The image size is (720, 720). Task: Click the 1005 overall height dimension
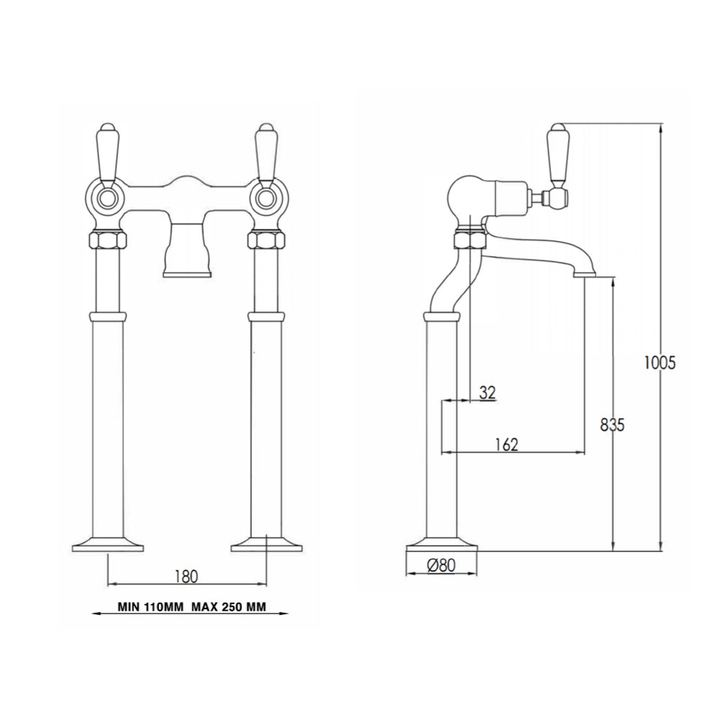click(x=660, y=364)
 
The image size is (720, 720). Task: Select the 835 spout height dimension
click(x=612, y=425)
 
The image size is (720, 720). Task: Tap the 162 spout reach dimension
click(x=507, y=444)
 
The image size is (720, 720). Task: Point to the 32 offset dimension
click(x=487, y=392)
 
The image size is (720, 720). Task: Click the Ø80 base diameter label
click(x=441, y=566)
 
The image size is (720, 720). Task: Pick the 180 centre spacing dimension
click(x=186, y=576)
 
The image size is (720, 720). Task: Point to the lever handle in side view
click(x=559, y=155)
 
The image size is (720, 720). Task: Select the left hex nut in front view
click(x=107, y=240)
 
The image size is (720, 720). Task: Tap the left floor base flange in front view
click(x=107, y=544)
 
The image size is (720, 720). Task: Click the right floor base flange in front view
click(x=266, y=544)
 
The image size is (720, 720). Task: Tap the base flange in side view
click(x=441, y=544)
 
